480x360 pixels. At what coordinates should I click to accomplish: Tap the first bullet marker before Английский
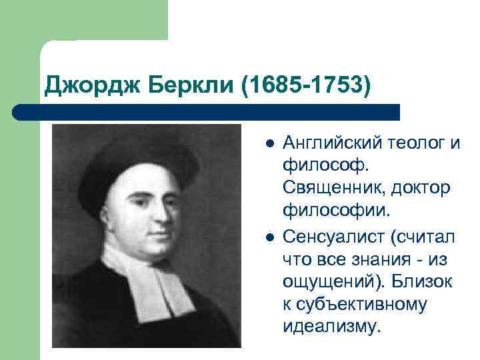click(x=268, y=143)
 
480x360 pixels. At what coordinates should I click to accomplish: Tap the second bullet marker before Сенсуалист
click(x=268, y=236)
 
